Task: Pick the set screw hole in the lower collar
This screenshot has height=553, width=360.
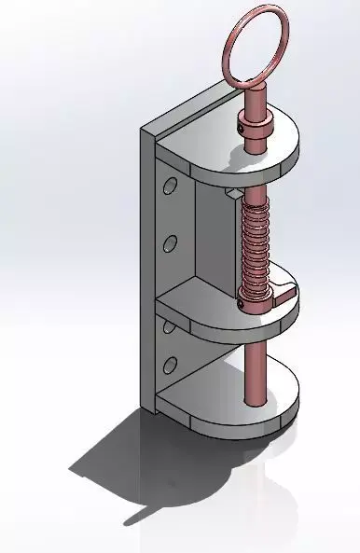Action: (244, 298)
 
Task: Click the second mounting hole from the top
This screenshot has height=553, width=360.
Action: (170, 244)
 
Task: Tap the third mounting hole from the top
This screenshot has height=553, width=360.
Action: (169, 326)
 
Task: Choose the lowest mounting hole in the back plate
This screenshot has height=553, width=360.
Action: (170, 363)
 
